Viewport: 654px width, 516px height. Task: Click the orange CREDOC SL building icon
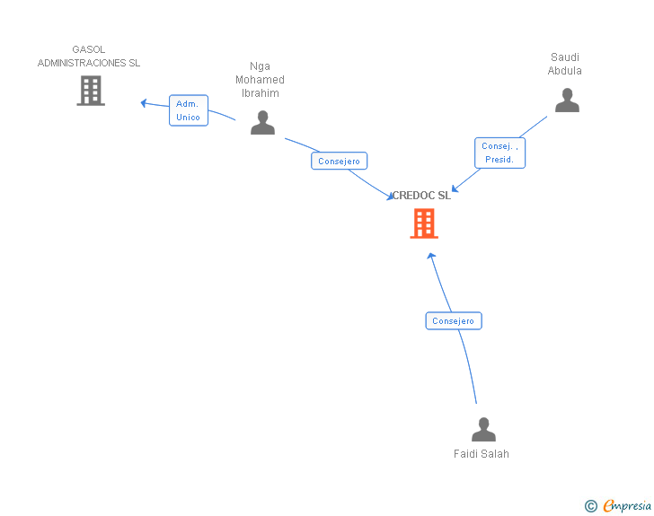coord(424,223)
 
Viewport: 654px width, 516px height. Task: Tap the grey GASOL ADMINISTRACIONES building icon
coord(91,91)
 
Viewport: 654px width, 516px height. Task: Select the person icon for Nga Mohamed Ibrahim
coord(262,123)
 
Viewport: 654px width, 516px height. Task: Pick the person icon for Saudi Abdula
coord(567,100)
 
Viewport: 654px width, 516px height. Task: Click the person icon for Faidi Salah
coord(483,429)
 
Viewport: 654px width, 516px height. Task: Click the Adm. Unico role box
coord(189,110)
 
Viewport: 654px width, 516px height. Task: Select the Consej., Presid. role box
coord(499,153)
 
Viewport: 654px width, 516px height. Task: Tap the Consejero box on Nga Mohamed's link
coord(339,161)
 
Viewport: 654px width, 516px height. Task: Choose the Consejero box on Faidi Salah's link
coord(454,321)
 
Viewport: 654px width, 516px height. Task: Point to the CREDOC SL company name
coord(421,196)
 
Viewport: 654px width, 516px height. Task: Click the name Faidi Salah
coord(482,454)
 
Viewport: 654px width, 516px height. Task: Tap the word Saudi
coord(565,57)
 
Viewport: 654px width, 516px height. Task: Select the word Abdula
coord(565,70)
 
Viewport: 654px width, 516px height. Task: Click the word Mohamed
coord(260,80)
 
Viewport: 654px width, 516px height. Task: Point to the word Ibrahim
coord(261,93)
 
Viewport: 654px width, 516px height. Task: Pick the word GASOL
coord(88,49)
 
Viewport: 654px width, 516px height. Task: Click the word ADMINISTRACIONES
coord(82,63)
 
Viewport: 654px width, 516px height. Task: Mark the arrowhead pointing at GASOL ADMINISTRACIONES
coord(144,103)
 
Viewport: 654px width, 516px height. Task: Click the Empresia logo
coord(627,505)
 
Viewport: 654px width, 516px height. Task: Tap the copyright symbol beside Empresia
coord(591,506)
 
